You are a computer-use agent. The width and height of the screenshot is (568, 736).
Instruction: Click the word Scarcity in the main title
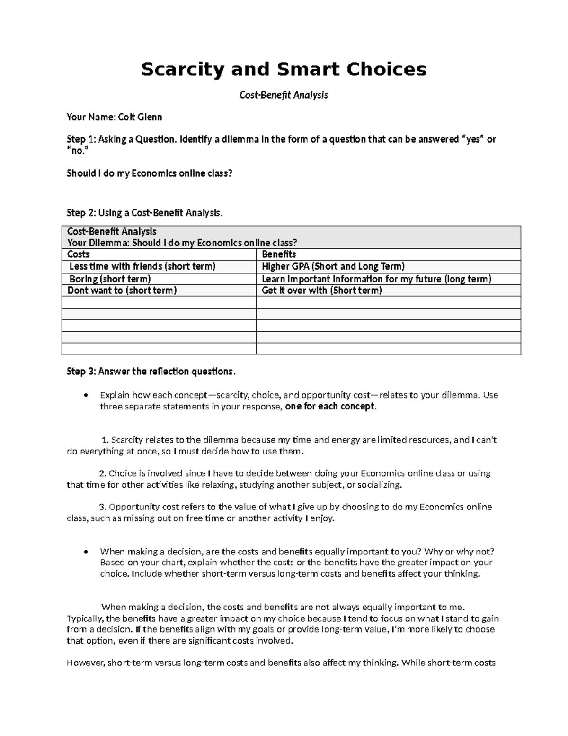click(x=183, y=70)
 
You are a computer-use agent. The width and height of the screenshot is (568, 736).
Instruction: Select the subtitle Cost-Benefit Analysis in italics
click(x=284, y=95)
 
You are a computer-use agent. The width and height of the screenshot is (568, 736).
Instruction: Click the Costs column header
click(x=79, y=254)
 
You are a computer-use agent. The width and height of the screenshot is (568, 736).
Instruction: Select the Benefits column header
click(x=279, y=254)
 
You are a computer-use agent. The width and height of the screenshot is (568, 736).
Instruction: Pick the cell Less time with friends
click(x=142, y=266)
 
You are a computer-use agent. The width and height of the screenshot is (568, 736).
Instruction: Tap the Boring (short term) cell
click(x=110, y=279)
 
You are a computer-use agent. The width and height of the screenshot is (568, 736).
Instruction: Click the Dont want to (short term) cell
click(x=122, y=291)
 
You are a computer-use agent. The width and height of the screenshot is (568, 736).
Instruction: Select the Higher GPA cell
click(x=333, y=266)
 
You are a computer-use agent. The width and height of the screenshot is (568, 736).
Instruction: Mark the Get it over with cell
click(x=321, y=291)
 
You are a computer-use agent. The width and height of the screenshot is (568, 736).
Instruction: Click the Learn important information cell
click(x=376, y=279)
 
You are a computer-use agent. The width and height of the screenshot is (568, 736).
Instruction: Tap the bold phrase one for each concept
click(x=331, y=407)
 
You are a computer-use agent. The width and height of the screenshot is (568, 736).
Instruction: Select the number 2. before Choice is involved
click(x=103, y=473)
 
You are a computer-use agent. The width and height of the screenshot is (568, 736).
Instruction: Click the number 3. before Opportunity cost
click(x=103, y=507)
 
